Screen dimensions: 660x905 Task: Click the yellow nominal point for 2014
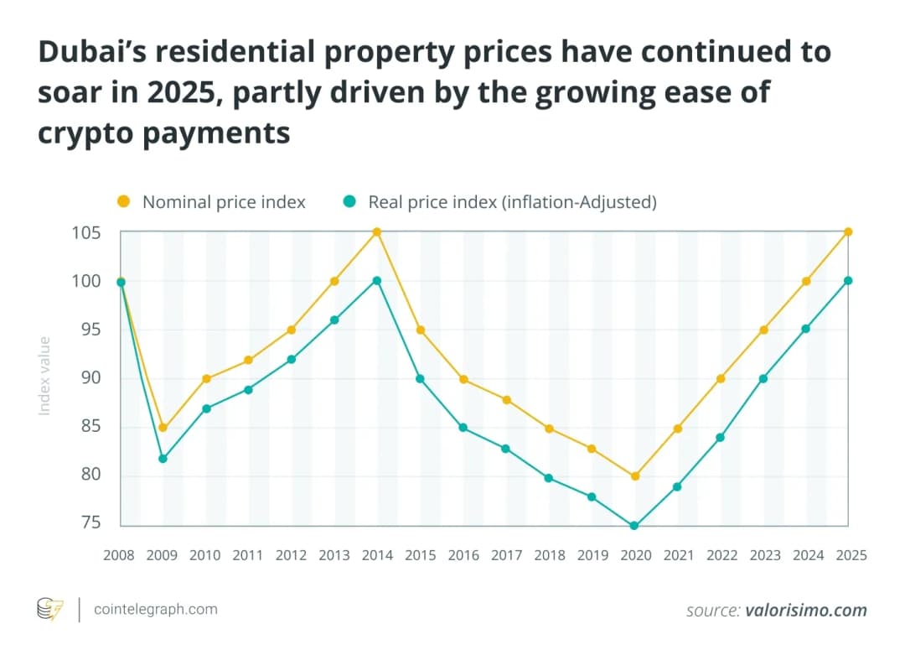pos(377,232)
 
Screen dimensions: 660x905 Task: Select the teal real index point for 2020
pos(634,526)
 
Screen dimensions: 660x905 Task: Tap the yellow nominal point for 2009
pos(163,428)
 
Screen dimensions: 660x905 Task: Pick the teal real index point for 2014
pos(377,281)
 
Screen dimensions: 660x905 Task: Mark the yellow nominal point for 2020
pos(634,476)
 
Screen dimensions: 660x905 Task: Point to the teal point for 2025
pos(848,281)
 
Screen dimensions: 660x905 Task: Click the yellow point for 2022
pos(720,379)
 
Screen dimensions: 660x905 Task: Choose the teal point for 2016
pos(463,428)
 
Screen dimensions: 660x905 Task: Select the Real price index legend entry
pos(500,202)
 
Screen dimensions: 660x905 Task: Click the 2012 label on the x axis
pos(292,555)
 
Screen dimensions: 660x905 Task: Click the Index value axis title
pos(45,376)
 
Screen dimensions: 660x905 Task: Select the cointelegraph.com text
pos(157,610)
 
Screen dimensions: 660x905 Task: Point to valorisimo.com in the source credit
pos(805,611)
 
